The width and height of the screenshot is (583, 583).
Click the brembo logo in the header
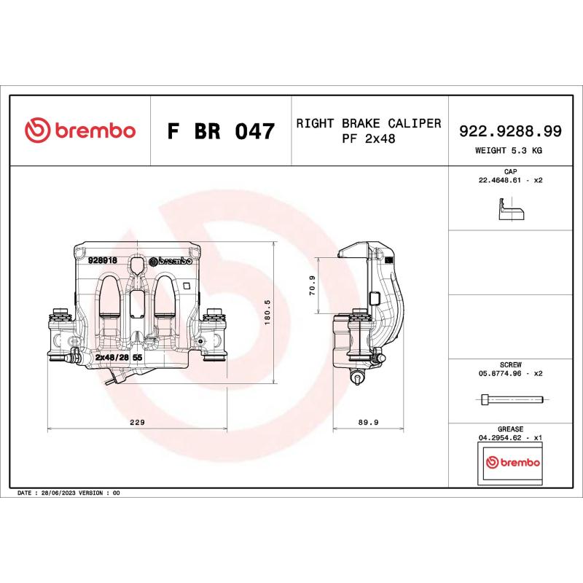coord(79,131)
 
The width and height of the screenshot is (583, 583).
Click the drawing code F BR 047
coord(220,132)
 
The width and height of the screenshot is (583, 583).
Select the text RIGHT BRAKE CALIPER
coord(368,123)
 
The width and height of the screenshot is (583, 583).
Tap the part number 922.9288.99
coord(509,131)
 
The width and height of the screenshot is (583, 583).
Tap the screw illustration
coord(512,399)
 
